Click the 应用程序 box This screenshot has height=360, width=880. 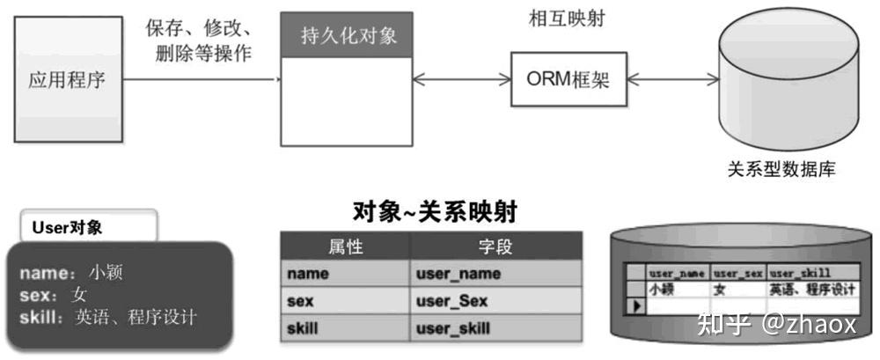pos(67,82)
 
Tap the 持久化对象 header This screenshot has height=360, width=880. pos(345,37)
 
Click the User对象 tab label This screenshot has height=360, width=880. pos(68,227)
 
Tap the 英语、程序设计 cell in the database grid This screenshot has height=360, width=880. pos(810,289)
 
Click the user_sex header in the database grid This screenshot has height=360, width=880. pos(738,274)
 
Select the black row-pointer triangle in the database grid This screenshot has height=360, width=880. pos(635,305)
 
